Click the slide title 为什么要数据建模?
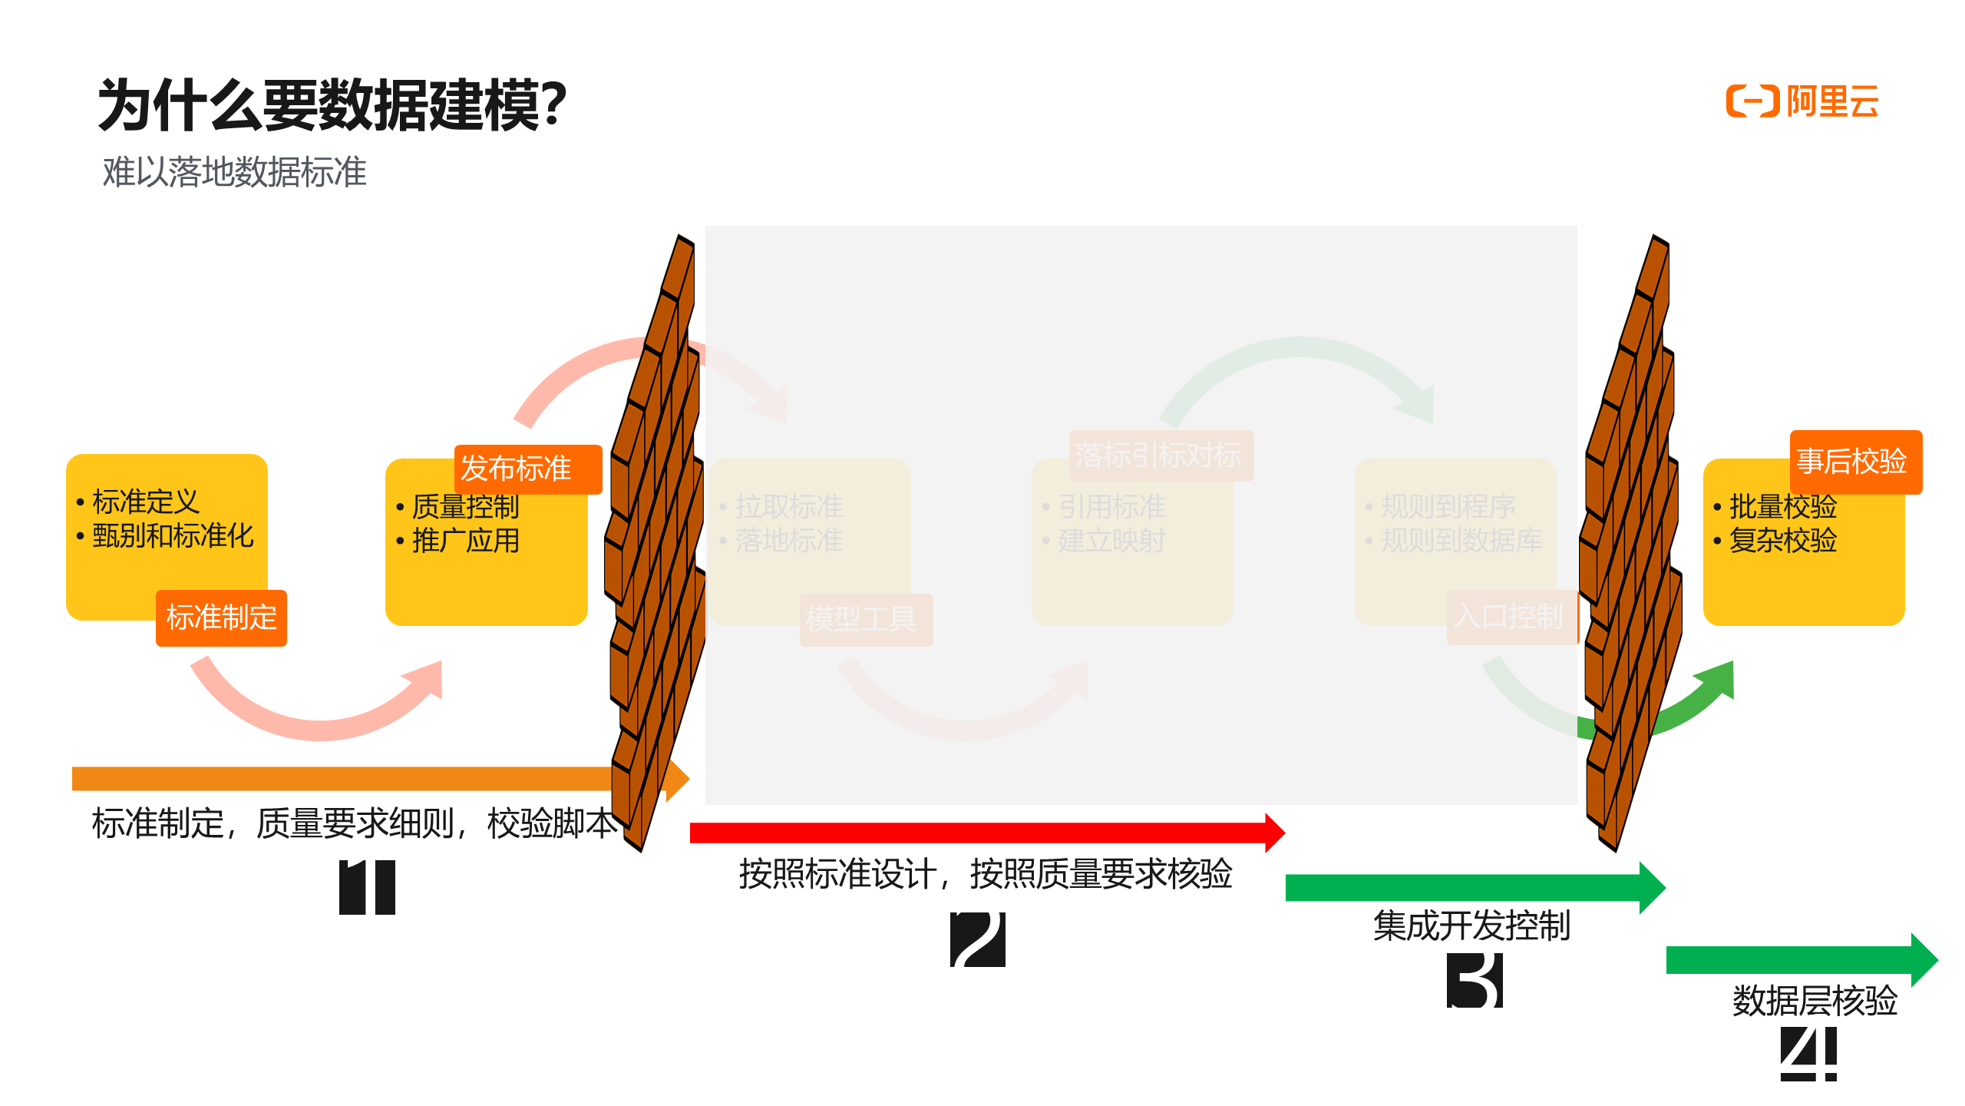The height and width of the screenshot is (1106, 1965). (x=332, y=105)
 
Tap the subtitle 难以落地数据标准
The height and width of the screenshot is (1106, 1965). (x=235, y=171)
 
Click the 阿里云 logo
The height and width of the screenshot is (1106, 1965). (x=1802, y=101)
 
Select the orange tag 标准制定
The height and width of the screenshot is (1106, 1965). (x=221, y=618)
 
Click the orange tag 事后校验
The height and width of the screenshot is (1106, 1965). (x=1854, y=462)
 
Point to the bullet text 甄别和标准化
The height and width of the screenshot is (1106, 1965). (x=173, y=536)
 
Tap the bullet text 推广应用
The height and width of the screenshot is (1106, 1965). (x=465, y=541)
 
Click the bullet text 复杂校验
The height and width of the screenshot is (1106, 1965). (x=1782, y=541)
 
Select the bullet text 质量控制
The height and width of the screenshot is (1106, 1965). (x=465, y=507)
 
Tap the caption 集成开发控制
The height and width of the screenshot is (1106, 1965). (x=1471, y=926)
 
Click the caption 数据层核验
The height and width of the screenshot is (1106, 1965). (x=1815, y=1001)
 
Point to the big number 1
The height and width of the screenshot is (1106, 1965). (x=367, y=888)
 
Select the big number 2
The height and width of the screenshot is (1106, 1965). (x=977, y=939)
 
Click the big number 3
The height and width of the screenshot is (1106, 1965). (x=1474, y=980)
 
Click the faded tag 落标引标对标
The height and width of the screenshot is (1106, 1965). (x=1160, y=455)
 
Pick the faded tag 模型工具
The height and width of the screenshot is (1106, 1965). (x=865, y=619)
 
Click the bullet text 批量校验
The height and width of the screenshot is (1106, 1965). (x=1782, y=507)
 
